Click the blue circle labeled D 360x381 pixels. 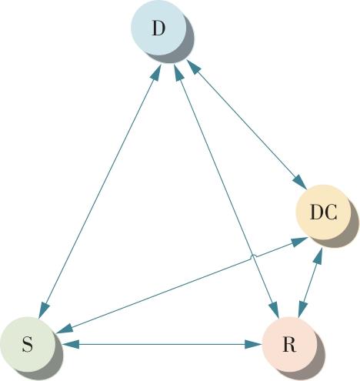pyautogui.click(x=158, y=28)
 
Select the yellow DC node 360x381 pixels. pyautogui.click(x=323, y=212)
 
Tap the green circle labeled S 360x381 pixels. pyautogui.click(x=28, y=344)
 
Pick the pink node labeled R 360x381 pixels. pyautogui.click(x=289, y=344)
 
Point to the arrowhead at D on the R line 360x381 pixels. pyautogui.click(x=178, y=72)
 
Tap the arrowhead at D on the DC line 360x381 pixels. pyautogui.click(x=194, y=67)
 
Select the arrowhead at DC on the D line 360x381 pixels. pyautogui.click(x=299, y=182)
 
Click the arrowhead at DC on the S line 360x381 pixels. pyautogui.click(x=299, y=241)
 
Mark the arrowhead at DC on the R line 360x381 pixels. pyautogui.click(x=318, y=256)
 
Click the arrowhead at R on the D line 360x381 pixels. pyautogui.click(x=275, y=309)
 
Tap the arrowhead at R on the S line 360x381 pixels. pyautogui.click(x=253, y=344)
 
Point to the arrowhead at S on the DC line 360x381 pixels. pyautogui.click(x=65, y=329)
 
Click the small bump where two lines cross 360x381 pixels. pyautogui.click(x=253, y=256)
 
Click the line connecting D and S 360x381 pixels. pyautogui.click(x=100, y=192)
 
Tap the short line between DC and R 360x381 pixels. pyautogui.click(x=310, y=283)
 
